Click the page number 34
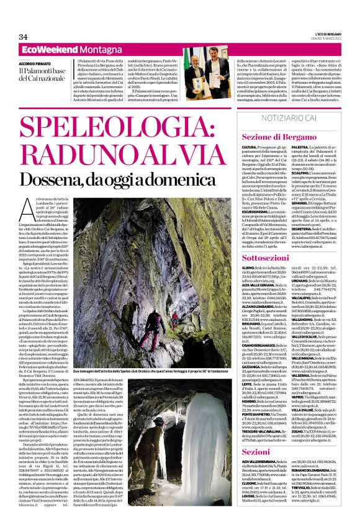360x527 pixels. click(x=24, y=37)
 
